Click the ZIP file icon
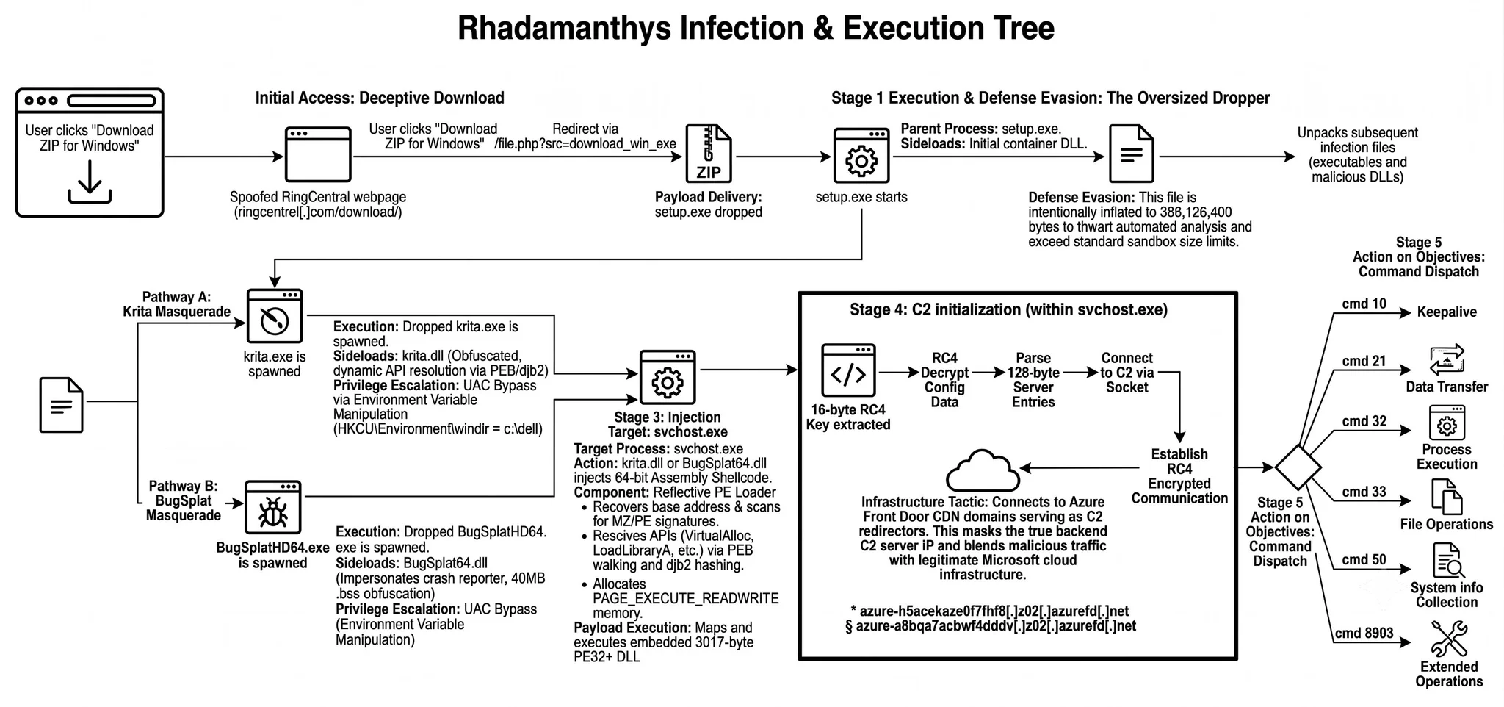pos(709,154)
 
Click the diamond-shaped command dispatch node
pos(1298,467)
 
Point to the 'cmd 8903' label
pos(1364,634)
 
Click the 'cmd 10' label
pos(1364,304)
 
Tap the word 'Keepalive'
pos(1447,312)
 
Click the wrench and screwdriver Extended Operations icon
pos(1449,638)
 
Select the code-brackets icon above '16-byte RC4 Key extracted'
pos(848,370)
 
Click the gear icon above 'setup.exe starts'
pos(861,155)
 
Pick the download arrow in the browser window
pos(90,182)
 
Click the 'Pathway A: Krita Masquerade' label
pos(177,304)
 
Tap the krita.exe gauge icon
pos(275,317)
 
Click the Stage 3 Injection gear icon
pos(668,377)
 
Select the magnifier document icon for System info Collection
pos(1447,561)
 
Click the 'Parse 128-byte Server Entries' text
pos(1033,380)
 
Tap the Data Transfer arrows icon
pos(1447,360)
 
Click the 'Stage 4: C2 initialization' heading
pos(1008,309)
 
